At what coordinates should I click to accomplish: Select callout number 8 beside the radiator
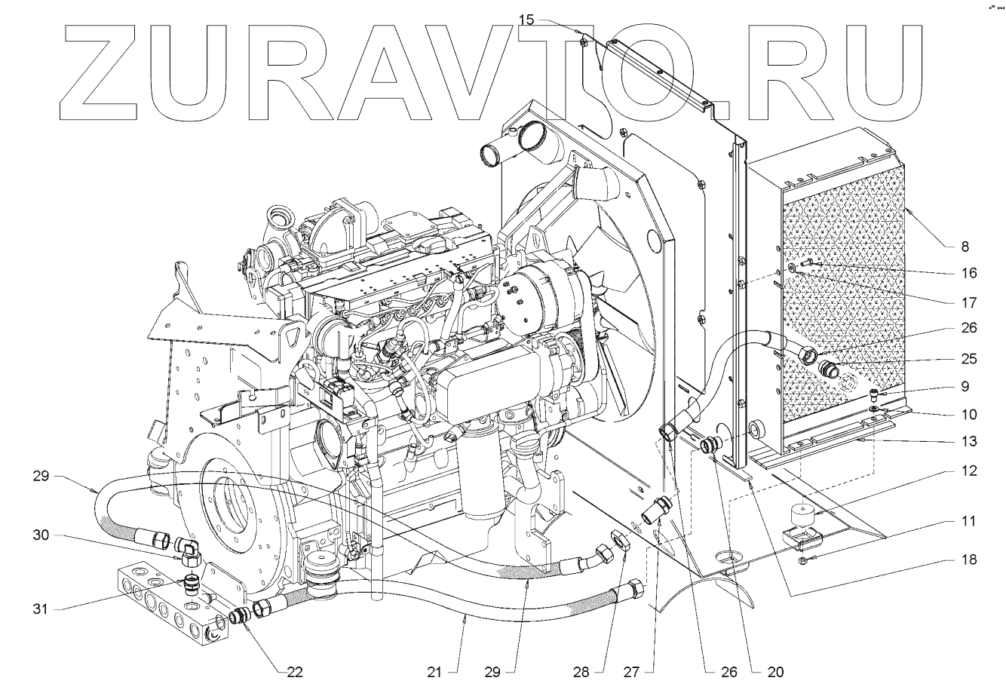click(965, 246)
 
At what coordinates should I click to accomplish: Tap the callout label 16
click(968, 273)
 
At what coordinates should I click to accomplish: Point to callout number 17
click(968, 302)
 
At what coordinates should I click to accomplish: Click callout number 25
click(968, 359)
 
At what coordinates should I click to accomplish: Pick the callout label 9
click(965, 387)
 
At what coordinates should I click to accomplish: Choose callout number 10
click(968, 414)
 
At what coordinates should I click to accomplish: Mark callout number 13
click(968, 441)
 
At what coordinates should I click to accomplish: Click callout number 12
click(968, 471)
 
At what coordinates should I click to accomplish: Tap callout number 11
click(968, 521)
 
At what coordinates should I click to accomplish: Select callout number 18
click(968, 560)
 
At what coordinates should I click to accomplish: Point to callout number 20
click(775, 671)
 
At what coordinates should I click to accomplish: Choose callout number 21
click(454, 671)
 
